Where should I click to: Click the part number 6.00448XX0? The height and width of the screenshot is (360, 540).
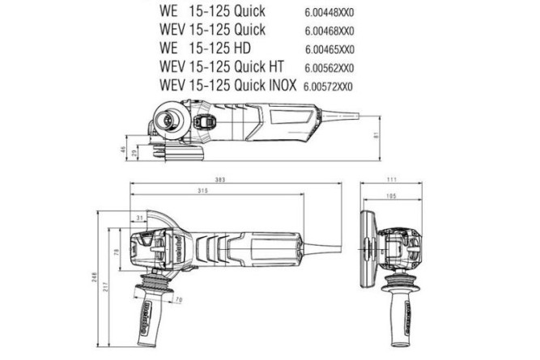coord(330,13)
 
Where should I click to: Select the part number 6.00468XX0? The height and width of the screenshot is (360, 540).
coord(330,31)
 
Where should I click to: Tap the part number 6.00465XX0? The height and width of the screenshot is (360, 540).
coord(330,49)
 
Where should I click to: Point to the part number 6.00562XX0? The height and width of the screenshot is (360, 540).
coord(330,67)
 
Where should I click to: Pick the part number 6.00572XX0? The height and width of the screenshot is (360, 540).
coord(328,86)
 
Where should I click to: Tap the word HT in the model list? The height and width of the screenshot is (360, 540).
coord(274,67)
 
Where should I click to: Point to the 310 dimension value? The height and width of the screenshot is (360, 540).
coord(202,191)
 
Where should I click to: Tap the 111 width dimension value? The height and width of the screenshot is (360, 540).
coord(392,179)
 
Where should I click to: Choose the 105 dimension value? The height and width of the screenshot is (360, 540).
coord(390,195)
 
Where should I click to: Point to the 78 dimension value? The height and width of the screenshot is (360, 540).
coord(117,253)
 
